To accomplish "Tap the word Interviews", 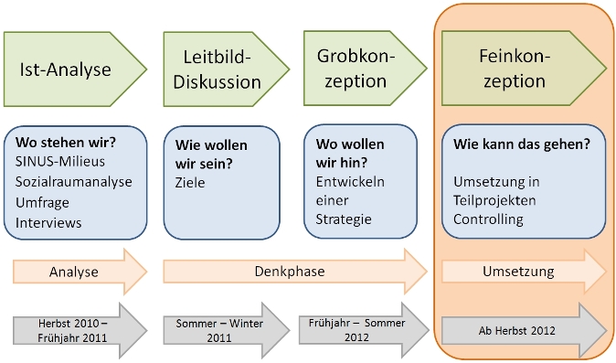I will (48, 222).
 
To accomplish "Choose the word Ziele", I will (189, 183).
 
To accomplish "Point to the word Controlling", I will (488, 219).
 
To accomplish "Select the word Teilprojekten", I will (494, 199).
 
